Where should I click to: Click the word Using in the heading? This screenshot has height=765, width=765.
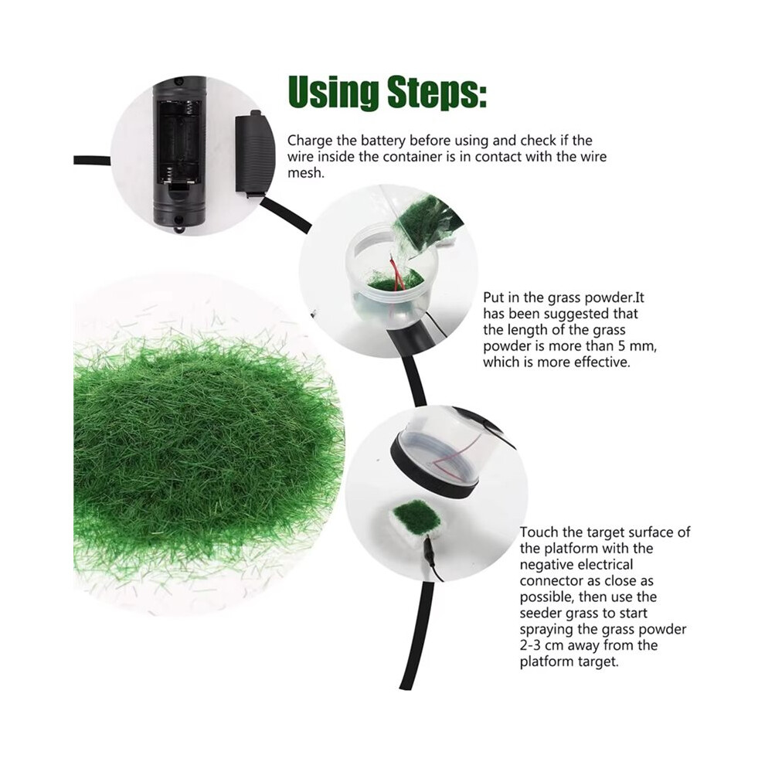(333, 92)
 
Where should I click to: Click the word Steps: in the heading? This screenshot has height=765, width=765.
(437, 93)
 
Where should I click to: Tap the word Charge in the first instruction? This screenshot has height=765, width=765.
(307, 141)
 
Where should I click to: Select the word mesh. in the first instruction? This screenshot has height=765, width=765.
(306, 173)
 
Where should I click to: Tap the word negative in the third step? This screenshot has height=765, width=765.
(548, 565)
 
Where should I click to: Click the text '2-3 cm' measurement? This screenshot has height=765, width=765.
(543, 645)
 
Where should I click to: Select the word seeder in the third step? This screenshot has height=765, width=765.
(541, 613)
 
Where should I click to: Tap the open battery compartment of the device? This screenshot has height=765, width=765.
(178, 141)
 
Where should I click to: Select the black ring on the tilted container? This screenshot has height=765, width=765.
(434, 467)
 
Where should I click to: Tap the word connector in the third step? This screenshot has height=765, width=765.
(551, 580)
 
